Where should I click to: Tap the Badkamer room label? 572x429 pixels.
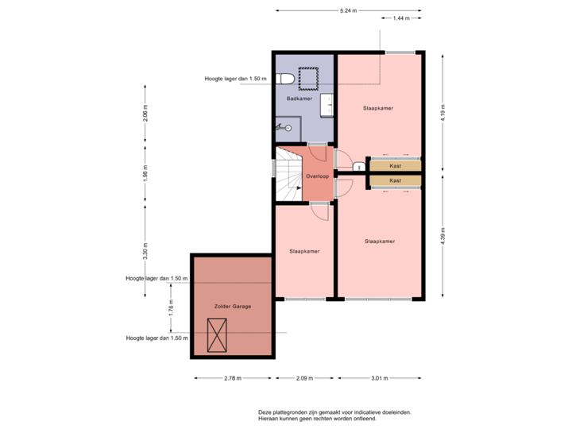(299, 99)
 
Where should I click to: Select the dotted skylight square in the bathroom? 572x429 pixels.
(308, 77)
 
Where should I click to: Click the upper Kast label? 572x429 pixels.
(395, 165)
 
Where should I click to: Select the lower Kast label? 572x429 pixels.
(395, 180)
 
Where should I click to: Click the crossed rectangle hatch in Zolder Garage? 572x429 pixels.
(216, 334)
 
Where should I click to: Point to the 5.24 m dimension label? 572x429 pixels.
(348, 10)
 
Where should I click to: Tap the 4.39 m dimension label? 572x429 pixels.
(443, 236)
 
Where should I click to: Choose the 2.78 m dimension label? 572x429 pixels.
(232, 378)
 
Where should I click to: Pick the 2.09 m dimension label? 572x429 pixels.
(302, 378)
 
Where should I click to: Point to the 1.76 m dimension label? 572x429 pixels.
(170, 308)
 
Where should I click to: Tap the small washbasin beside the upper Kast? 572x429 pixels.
(358, 166)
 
